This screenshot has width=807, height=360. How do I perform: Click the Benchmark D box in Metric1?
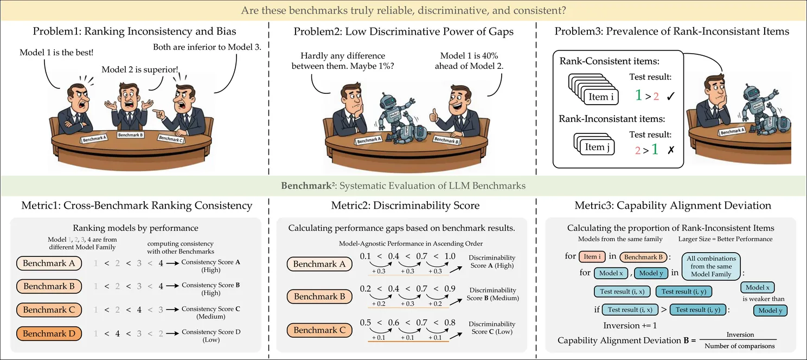click(x=49, y=333)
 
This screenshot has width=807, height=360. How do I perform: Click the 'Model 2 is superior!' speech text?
click(x=140, y=69)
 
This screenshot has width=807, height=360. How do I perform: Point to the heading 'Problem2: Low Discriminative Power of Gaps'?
click(x=403, y=31)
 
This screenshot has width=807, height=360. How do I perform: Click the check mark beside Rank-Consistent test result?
click(x=671, y=97)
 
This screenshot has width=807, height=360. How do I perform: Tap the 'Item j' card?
click(x=594, y=147)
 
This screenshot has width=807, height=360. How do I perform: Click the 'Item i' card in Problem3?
click(x=601, y=98)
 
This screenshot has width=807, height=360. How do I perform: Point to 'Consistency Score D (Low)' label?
click(x=211, y=336)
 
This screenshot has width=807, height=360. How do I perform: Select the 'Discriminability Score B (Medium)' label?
click(x=492, y=294)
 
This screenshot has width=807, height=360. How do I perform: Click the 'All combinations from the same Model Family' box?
click(x=711, y=266)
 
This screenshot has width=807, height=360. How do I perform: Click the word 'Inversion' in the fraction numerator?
click(x=740, y=335)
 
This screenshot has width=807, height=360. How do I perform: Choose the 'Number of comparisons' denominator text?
click(x=740, y=346)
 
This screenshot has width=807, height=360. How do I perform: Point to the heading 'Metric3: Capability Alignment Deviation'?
click(x=672, y=205)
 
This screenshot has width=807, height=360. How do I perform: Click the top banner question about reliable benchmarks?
click(x=403, y=10)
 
